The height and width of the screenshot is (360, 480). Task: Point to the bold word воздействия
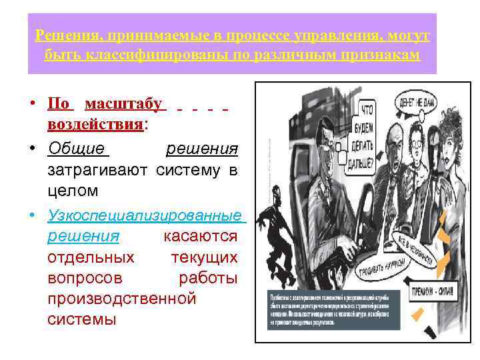95,125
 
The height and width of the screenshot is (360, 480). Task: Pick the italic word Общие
76,148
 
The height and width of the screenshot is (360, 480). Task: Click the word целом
73,191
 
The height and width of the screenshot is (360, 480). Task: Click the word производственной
122,298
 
